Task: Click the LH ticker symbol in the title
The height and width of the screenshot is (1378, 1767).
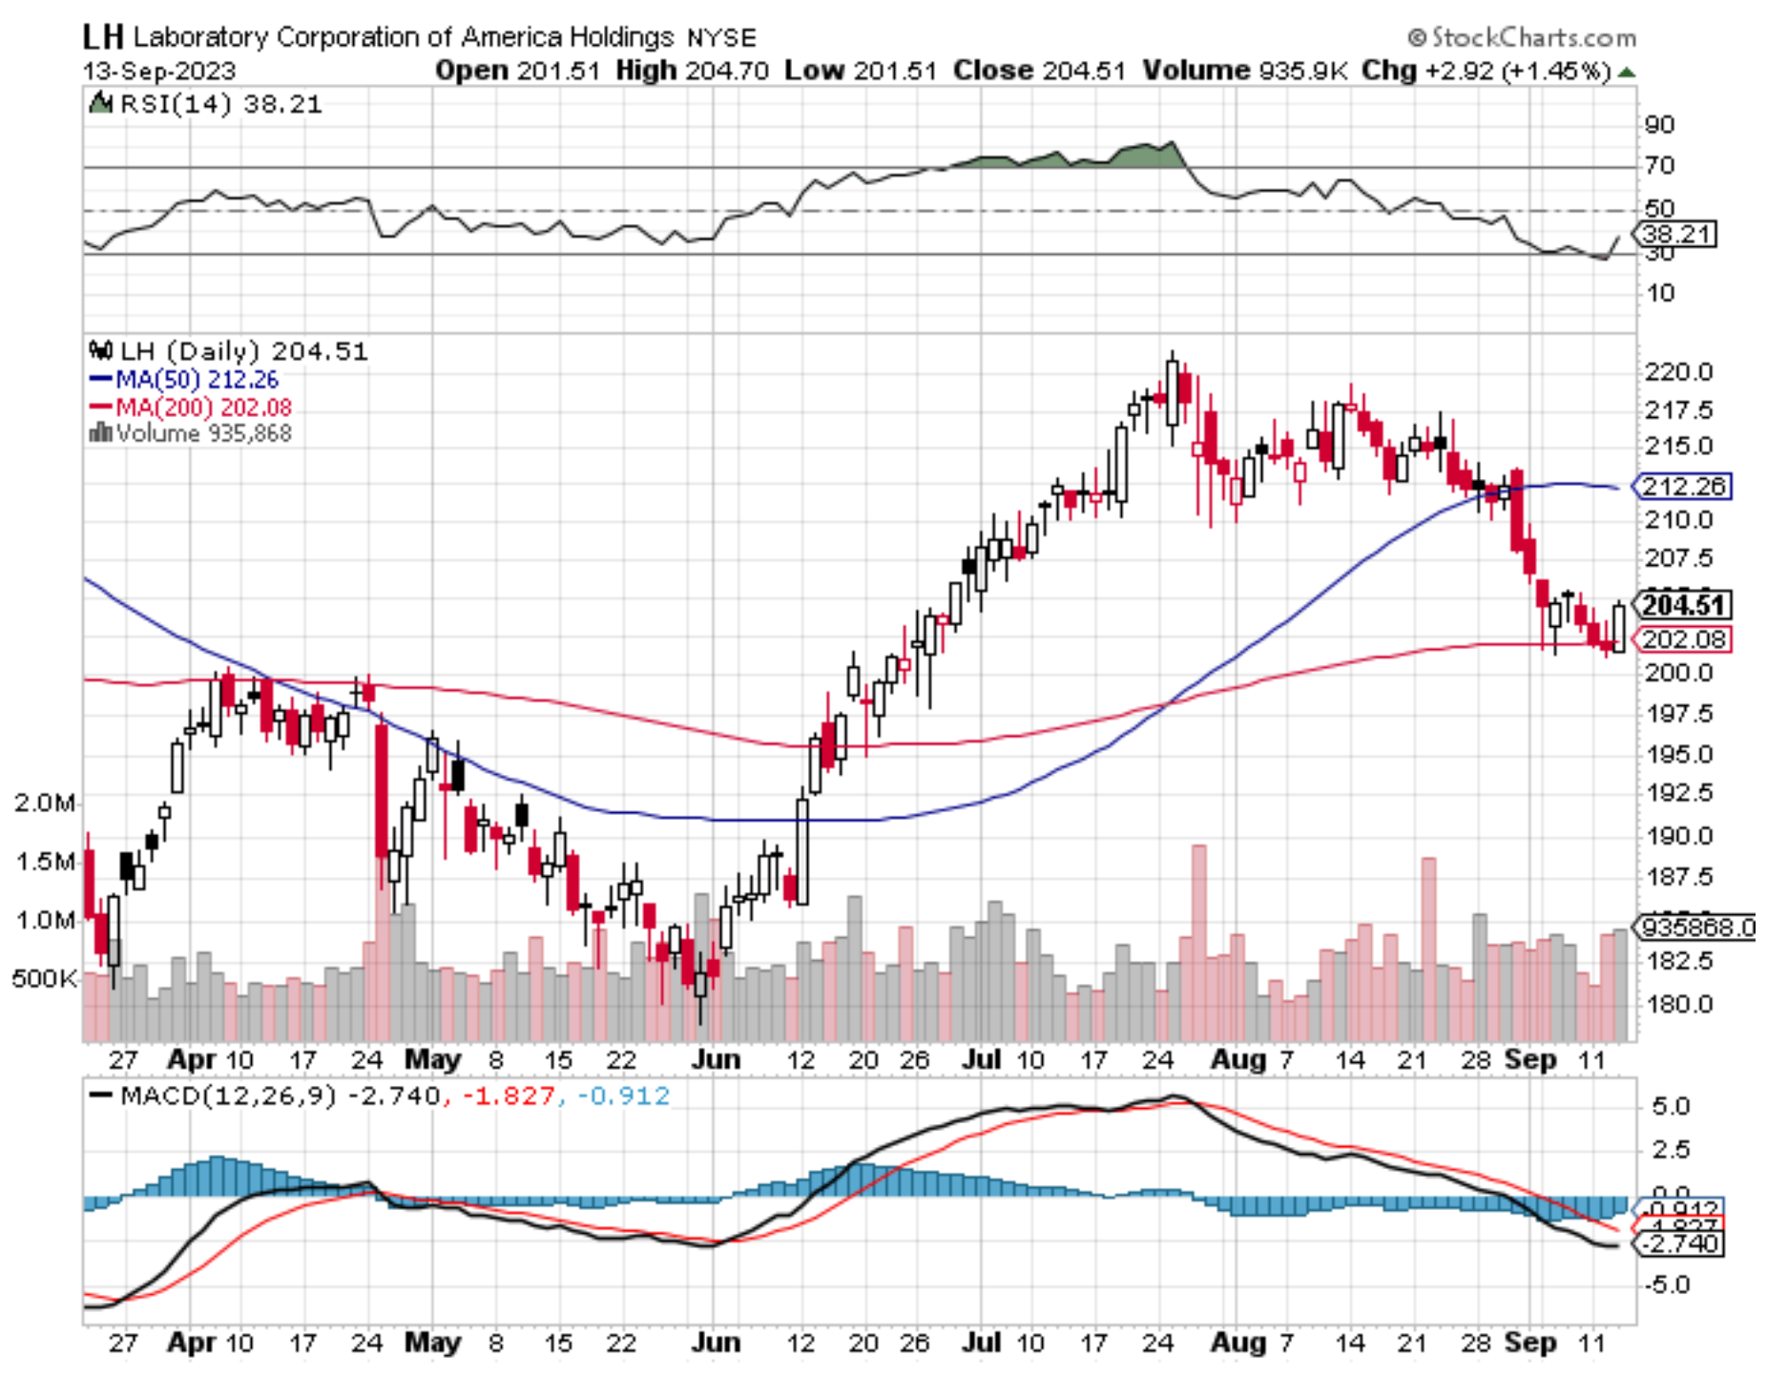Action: [x=102, y=36]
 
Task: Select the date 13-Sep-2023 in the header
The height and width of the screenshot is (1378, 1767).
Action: [x=158, y=72]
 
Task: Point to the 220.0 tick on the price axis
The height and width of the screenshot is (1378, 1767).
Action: [x=1678, y=372]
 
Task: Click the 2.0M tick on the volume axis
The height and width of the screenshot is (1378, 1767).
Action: [x=44, y=803]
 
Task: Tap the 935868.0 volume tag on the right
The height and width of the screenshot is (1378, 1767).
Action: [x=1694, y=927]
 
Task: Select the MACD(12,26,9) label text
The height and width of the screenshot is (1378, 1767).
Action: [x=228, y=1096]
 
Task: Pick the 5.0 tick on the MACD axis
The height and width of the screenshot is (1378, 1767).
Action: [x=1671, y=1107]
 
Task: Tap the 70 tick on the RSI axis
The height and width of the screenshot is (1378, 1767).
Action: [x=1659, y=166]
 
